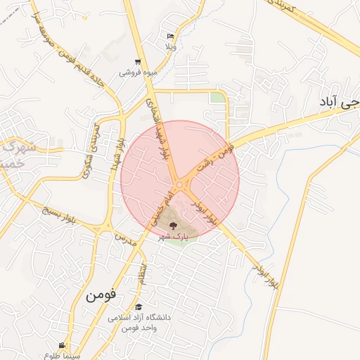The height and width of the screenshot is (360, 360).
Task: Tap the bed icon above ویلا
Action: click(x=170, y=37)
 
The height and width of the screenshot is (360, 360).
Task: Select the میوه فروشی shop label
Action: click(x=138, y=72)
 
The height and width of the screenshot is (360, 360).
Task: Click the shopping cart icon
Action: click(x=138, y=62)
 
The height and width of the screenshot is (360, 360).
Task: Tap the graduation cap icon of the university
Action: click(x=139, y=307)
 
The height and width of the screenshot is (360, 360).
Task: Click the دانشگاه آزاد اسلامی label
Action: click(x=139, y=318)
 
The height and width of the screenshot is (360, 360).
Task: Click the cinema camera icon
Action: click(x=63, y=345)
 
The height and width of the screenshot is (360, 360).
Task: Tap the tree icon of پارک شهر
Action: click(x=173, y=226)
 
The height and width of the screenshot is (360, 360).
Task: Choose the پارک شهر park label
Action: click(x=173, y=236)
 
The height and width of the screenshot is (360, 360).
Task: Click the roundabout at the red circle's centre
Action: click(x=180, y=185)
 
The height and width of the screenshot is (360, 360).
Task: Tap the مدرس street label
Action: click(x=124, y=238)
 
